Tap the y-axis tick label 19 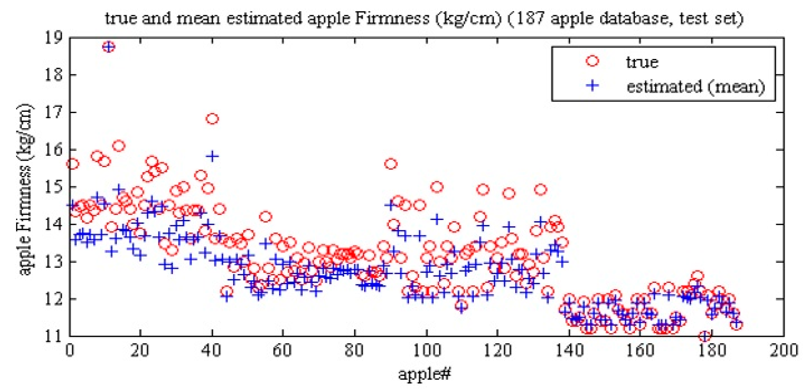point(54,38)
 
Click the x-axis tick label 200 point(784,350)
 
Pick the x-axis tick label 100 point(427,350)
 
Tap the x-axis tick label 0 point(70,350)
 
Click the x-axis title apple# point(424,373)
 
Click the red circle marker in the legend point(592,61)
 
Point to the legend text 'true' point(642,62)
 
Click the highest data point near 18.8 point(109,47)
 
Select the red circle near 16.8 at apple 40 point(212,119)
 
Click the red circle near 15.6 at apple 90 point(391,164)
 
